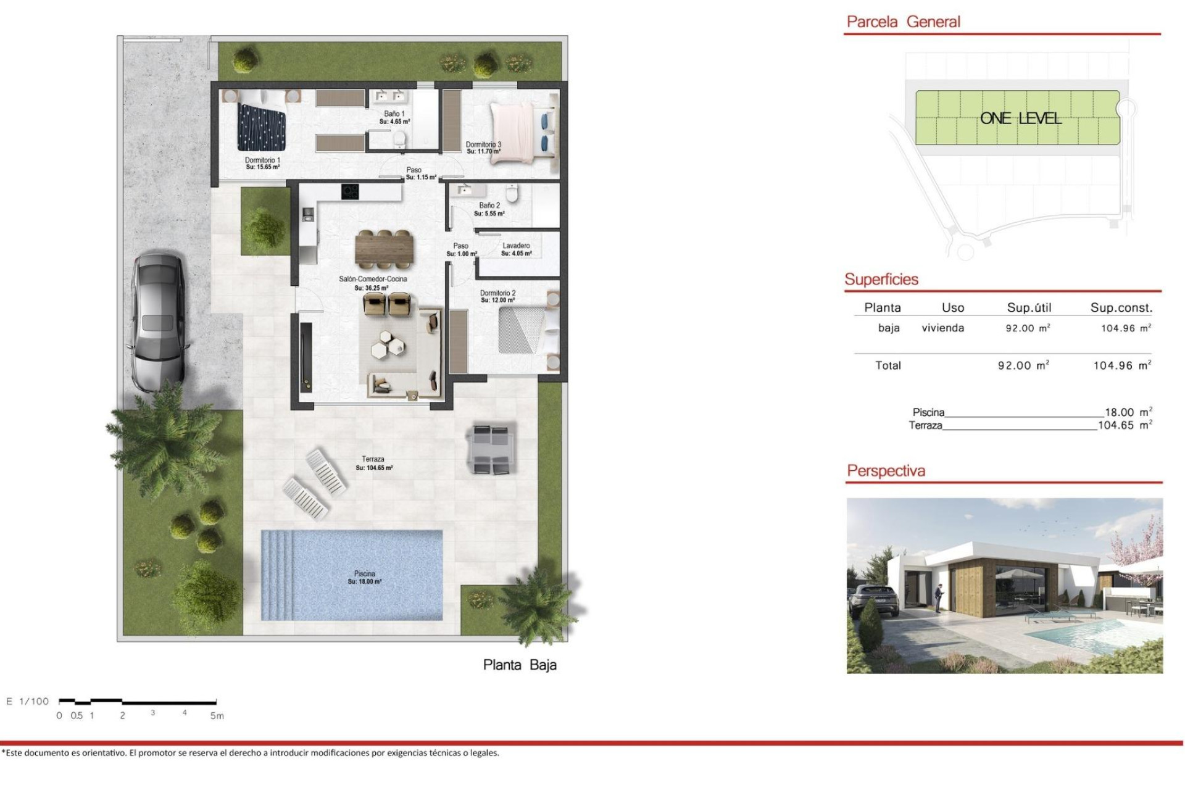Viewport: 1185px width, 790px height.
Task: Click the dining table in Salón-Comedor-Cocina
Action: point(384,249)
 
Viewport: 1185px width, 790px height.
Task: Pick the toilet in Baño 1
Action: point(401,139)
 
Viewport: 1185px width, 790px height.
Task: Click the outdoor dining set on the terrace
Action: point(491,448)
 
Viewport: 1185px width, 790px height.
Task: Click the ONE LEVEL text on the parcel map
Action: point(1020,118)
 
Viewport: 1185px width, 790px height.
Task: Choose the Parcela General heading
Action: point(903,22)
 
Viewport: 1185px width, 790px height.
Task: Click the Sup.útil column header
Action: point(1029,307)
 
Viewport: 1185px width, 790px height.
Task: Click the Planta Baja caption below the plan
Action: point(520,665)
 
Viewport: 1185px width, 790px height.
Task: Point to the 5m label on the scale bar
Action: point(217,716)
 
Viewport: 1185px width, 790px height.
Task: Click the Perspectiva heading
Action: point(886,471)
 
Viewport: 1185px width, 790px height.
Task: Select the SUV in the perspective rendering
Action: point(875,599)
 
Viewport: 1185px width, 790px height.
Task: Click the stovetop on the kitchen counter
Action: point(350,192)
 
